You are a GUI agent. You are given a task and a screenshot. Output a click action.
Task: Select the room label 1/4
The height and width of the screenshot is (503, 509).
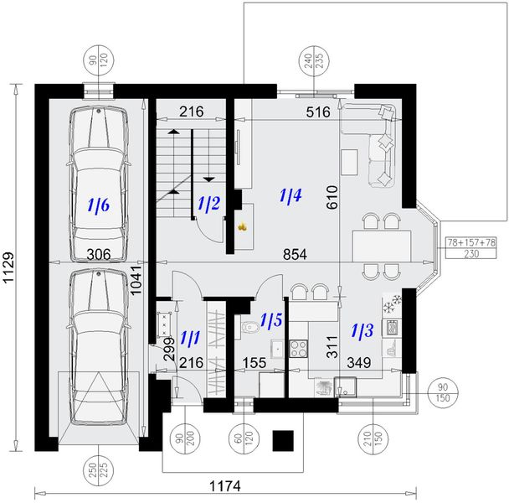pos(290,196)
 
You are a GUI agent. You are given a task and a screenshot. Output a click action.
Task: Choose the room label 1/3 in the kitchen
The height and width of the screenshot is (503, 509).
pos(362,329)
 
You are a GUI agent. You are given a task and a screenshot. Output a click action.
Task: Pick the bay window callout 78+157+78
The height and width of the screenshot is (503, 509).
pos(473,241)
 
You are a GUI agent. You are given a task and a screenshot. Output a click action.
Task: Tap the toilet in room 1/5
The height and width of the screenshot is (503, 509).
pos(249,327)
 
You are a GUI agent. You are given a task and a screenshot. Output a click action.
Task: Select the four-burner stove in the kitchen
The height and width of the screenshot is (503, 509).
pos(298,348)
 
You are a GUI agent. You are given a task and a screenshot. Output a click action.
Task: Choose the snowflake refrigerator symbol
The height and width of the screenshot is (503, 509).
pos(389,306)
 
